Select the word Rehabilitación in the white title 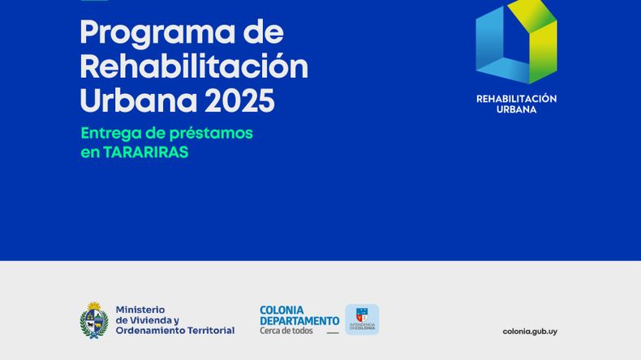(x=194, y=66)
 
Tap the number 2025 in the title (x=239, y=101)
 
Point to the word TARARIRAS (x=145, y=152)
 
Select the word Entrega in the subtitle (x=110, y=134)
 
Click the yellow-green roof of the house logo (x=531, y=15)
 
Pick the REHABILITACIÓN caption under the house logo (x=516, y=99)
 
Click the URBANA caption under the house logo (x=516, y=109)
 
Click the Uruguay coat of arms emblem (x=94, y=320)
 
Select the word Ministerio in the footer (x=140, y=310)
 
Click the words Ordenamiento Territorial (x=175, y=330)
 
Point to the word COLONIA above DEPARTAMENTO (x=282, y=311)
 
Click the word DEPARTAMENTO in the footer (x=299, y=321)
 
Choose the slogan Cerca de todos (x=286, y=331)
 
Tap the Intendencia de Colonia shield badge (x=362, y=319)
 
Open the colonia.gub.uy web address (x=530, y=332)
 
